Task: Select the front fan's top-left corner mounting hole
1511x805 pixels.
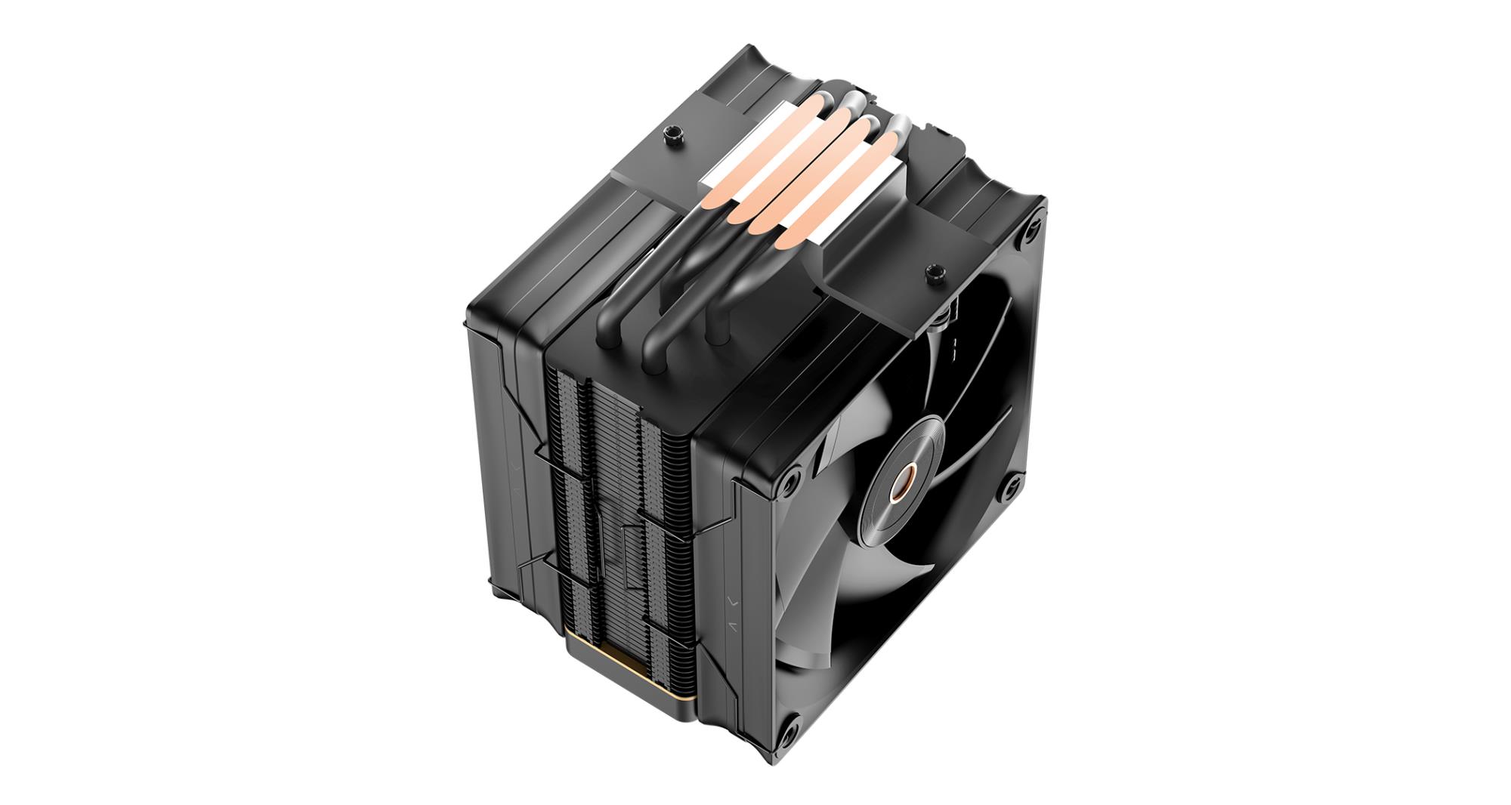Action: click(791, 480)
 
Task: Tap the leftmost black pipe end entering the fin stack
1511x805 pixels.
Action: click(607, 332)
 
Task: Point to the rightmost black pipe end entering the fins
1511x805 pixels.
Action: click(715, 331)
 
